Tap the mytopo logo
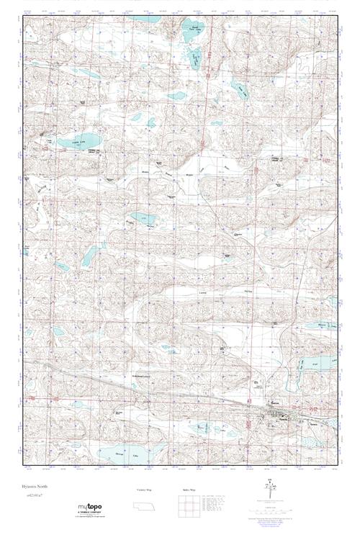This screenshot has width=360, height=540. pos(91,508)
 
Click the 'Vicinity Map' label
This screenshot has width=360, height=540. pos(143,489)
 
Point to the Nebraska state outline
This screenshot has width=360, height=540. pos(144,508)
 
